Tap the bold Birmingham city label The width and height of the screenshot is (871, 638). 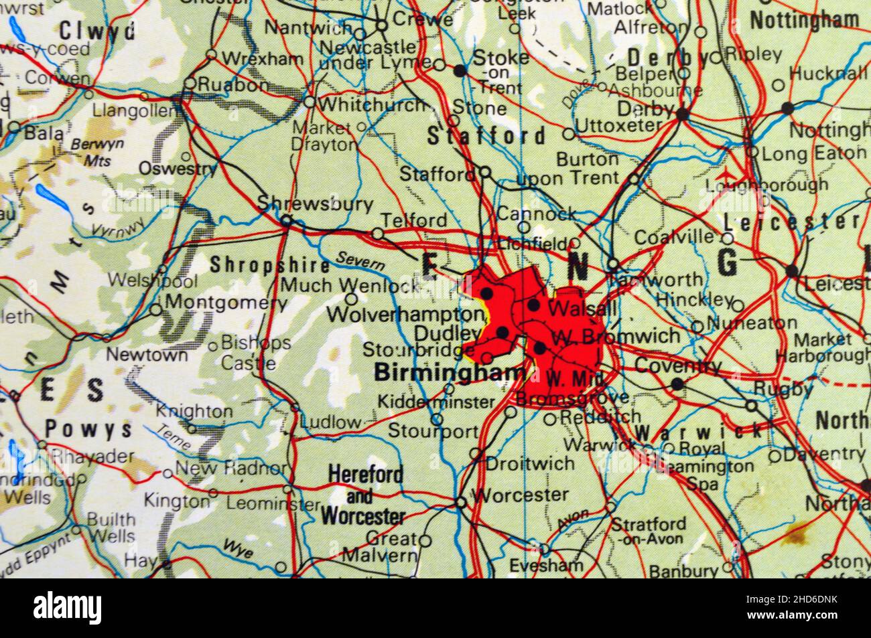(450, 372)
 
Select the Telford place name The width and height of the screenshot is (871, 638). (413, 220)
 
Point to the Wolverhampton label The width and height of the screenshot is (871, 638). (405, 314)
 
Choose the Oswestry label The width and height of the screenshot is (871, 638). (177, 169)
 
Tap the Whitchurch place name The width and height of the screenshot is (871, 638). (373, 105)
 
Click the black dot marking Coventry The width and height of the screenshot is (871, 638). (677, 384)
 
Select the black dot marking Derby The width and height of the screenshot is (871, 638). (682, 114)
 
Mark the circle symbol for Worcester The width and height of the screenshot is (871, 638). (461, 502)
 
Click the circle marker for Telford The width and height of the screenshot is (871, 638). (378, 234)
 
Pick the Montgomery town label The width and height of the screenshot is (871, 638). (226, 302)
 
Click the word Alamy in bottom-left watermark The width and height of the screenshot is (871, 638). (68, 608)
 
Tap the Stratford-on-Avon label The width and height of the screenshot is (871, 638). (649, 530)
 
